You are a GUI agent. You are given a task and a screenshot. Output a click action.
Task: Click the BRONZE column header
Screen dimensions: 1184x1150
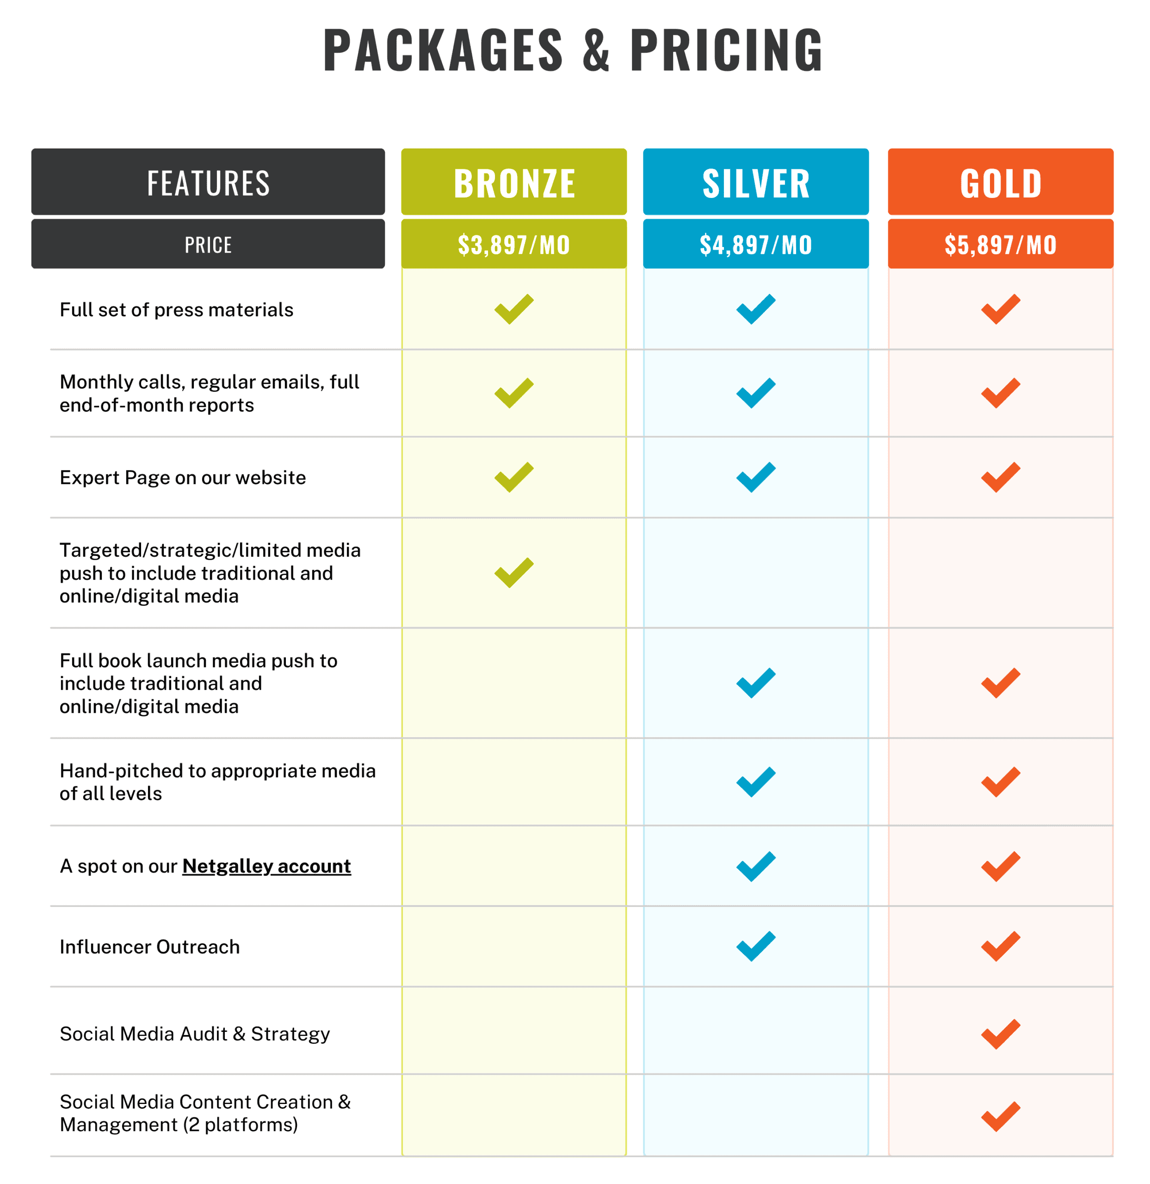[513, 182]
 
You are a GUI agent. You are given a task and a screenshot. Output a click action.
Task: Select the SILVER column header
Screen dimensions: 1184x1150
[755, 182]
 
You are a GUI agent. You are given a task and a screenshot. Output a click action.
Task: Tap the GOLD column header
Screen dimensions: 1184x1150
[1000, 182]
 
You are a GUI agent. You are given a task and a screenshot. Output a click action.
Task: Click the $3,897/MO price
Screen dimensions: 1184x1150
[513, 244]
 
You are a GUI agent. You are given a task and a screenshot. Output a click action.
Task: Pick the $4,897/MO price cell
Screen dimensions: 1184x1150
[755, 244]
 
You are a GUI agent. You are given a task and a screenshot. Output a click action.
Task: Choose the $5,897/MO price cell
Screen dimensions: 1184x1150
[1000, 244]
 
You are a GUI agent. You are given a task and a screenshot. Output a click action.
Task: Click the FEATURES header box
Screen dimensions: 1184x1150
[208, 182]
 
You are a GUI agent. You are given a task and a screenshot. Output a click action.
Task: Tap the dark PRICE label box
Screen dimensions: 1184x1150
[208, 244]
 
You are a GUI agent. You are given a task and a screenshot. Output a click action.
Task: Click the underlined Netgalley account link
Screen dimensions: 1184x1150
[266, 866]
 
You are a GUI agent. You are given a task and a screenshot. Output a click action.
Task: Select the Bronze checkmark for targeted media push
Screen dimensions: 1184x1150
[513, 572]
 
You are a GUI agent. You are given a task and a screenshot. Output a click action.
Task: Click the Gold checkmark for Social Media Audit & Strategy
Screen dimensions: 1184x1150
[1000, 1034]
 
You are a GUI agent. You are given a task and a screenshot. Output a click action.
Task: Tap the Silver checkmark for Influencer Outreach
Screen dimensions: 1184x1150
[755, 946]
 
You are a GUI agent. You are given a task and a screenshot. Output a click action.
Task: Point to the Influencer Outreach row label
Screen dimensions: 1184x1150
[149, 947]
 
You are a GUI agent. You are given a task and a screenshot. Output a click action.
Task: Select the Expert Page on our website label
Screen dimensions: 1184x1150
[183, 477]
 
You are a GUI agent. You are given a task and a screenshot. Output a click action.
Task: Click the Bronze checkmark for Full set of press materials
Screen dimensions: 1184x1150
[513, 309]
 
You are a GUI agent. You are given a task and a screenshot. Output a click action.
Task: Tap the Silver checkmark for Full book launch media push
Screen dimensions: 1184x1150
[755, 683]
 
